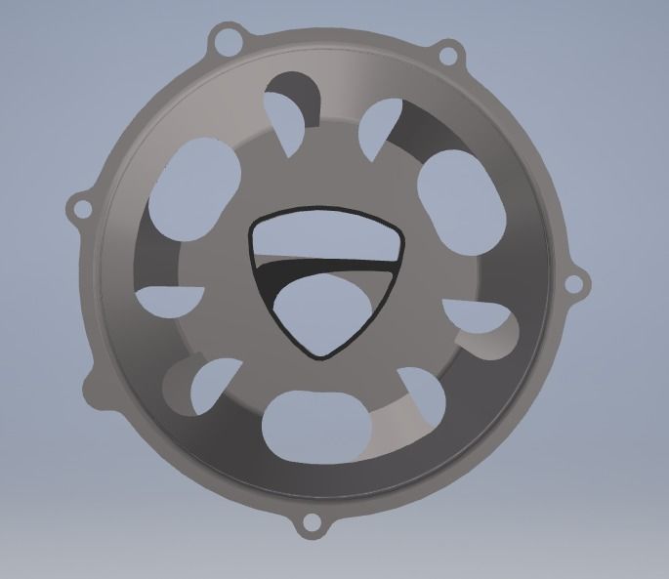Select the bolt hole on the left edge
(x=78, y=207)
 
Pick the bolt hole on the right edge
(x=575, y=284)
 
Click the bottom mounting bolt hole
(x=312, y=523)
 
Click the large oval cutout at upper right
(x=456, y=194)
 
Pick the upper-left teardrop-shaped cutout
(x=289, y=105)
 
